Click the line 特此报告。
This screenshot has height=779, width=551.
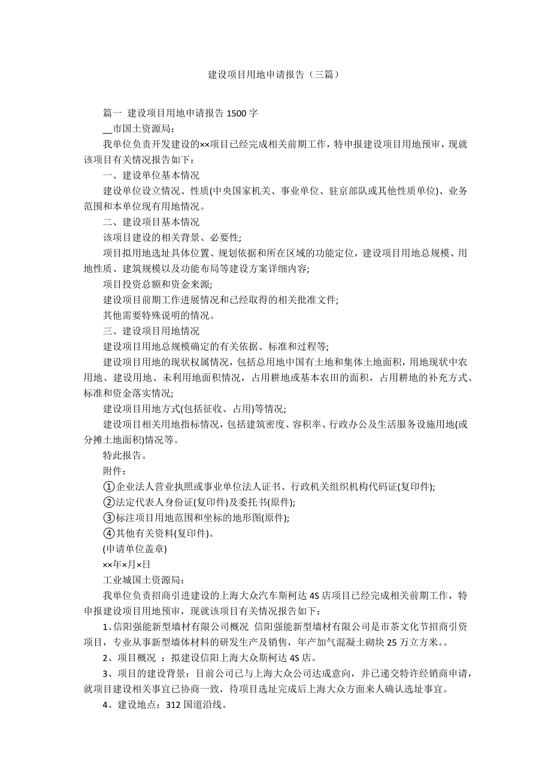(x=125, y=455)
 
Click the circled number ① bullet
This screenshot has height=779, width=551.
(x=108, y=486)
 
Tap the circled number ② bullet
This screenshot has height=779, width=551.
(x=108, y=502)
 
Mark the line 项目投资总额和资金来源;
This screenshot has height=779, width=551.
(x=158, y=284)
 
